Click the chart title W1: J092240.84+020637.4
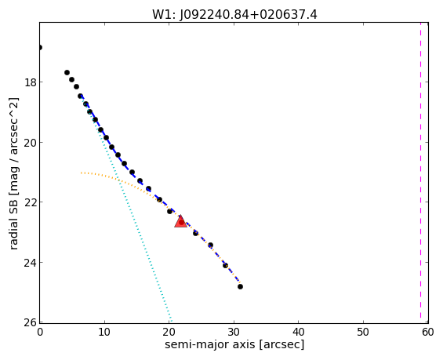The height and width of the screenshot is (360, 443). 234,14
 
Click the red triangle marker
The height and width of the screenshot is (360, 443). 180,221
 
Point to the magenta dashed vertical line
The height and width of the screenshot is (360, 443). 420,173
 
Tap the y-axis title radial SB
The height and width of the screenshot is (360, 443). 13,173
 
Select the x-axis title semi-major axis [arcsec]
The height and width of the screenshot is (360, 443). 234,344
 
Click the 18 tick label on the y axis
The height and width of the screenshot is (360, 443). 30,82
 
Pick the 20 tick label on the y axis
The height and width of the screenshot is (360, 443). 30,143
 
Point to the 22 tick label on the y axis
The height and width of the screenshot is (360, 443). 30,202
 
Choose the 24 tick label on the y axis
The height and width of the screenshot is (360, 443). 30,263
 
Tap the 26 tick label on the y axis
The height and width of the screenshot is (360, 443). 30,322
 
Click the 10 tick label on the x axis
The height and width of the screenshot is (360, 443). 104,333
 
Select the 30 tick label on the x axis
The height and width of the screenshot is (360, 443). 234,333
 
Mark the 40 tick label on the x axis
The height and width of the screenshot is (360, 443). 299,333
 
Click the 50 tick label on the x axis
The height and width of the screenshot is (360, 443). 363,333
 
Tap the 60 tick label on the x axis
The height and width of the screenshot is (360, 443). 428,333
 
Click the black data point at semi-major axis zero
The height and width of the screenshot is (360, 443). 40,48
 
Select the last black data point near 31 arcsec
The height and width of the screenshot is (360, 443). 240,286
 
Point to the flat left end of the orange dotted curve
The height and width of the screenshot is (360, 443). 81,173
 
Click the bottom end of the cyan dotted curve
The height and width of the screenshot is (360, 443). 171,321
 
